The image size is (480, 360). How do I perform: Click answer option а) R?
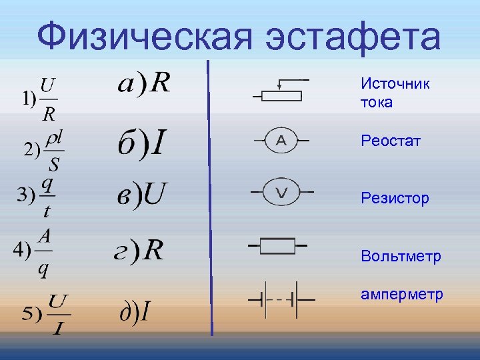pos(144,83)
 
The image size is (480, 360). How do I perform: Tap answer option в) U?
pos(141,195)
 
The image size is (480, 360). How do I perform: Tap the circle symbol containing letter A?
pos(281,141)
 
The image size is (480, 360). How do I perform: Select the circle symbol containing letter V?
pos(281,193)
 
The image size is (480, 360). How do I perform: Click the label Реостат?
pos(391,141)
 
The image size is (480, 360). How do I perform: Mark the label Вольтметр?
pos(401,256)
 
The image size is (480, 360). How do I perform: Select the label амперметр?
pos(401,294)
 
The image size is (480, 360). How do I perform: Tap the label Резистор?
pos(395,198)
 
